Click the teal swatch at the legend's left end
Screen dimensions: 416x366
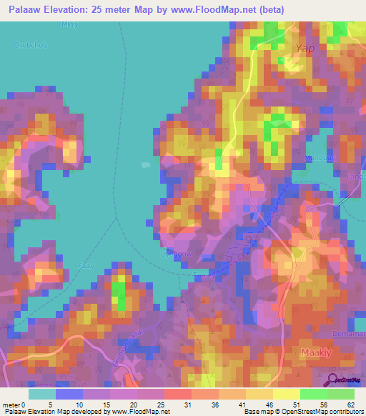[42, 393]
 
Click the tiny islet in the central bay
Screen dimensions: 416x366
[146, 164]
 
